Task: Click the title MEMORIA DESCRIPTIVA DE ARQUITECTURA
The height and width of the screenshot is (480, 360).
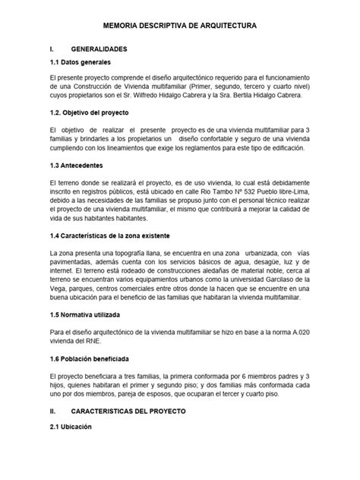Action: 179,25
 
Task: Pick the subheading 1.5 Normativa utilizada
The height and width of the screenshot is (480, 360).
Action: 88,312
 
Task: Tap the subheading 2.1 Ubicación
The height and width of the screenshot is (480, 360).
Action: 70,427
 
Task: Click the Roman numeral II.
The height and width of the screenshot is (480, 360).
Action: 52,411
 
